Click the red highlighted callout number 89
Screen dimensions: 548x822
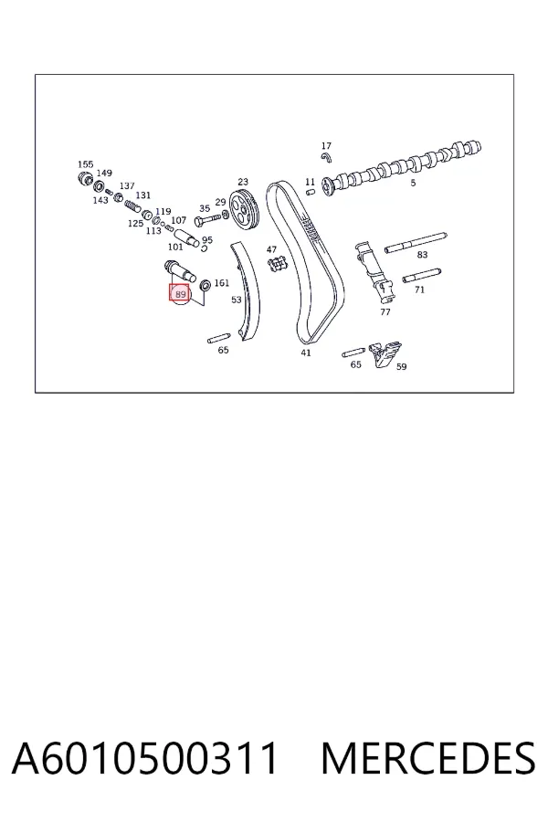click(180, 294)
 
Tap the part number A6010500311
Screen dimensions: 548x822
click(144, 758)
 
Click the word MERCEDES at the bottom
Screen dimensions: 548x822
click(428, 758)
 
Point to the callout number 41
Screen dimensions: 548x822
click(306, 353)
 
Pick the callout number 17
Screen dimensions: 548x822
click(326, 146)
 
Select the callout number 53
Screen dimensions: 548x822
click(237, 300)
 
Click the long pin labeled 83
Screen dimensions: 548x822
click(416, 242)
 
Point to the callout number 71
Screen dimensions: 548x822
click(419, 290)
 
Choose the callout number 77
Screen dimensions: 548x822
click(385, 312)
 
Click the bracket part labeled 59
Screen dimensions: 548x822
click(385, 353)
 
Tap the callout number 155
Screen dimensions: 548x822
click(86, 164)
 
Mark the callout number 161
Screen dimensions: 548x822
click(222, 283)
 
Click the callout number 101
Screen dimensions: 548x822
click(175, 247)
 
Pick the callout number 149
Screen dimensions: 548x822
click(104, 173)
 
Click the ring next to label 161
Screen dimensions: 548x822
click(206, 285)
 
